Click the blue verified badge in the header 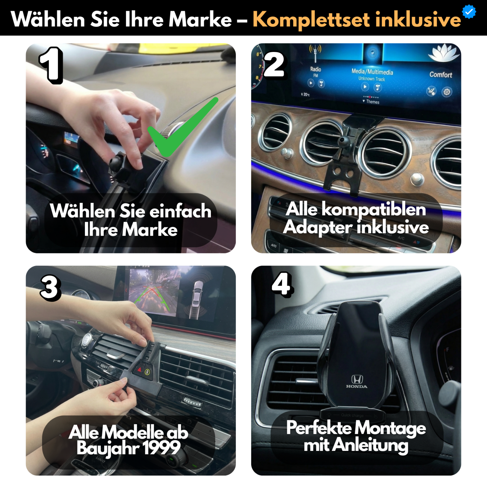coord(469,11)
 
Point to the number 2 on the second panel coord(274,65)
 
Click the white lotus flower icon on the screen coord(444,53)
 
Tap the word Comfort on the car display coord(440,75)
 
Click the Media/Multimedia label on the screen coord(372,72)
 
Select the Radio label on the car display coord(315,69)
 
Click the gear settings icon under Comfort coord(447,92)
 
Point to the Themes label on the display coord(372,102)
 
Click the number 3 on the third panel coord(51,288)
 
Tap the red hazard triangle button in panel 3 coord(140,370)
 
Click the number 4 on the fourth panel coord(282,284)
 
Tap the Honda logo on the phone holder coord(357,381)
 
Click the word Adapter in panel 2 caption coord(318,227)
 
